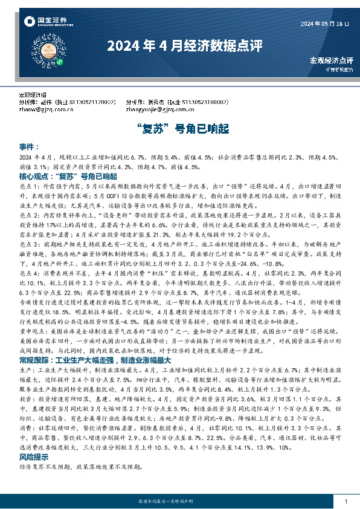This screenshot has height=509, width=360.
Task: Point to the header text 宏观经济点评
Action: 331,60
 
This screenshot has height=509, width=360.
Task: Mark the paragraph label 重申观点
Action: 31,332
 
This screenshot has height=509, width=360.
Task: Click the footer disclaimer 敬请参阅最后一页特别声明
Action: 179,502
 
